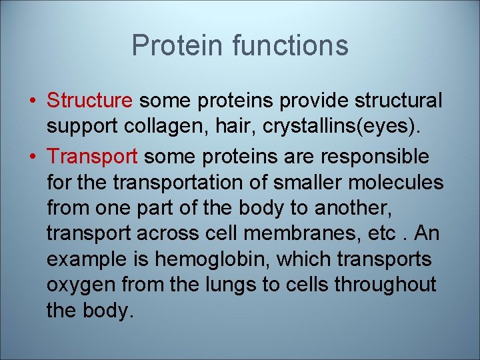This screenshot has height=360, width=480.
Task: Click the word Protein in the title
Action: coord(178,45)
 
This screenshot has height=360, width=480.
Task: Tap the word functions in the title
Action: coord(290,45)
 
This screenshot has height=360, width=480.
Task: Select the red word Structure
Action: coord(90,101)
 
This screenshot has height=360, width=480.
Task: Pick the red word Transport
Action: coord(93,157)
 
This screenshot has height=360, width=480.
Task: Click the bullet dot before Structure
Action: coord(33,101)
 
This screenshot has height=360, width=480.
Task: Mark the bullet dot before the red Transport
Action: coord(33,157)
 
